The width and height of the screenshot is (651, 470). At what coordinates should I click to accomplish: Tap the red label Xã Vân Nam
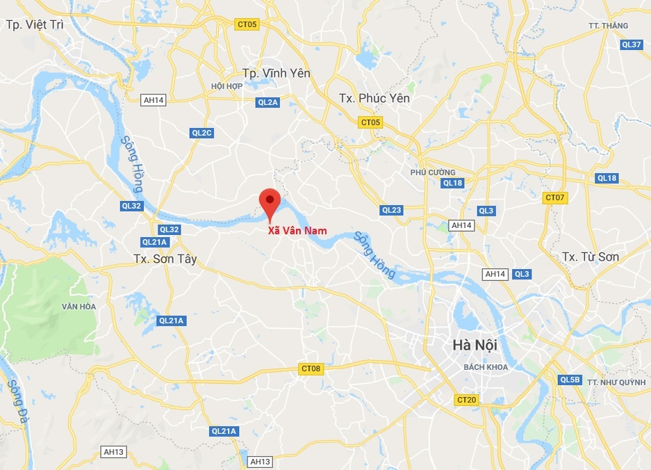(297, 231)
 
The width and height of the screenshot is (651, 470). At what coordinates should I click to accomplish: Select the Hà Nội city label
(475, 344)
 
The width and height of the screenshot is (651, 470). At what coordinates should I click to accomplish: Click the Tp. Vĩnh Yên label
(276, 73)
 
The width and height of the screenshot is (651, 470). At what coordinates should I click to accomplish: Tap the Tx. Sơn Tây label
(165, 259)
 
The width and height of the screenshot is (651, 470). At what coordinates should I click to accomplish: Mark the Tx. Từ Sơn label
(590, 257)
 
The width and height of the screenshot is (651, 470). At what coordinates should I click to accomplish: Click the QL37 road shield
(632, 44)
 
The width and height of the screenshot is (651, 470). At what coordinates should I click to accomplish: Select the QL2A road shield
(267, 102)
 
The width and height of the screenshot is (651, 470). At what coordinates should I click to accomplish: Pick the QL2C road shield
(201, 132)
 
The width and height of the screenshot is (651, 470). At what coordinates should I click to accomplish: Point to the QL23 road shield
(391, 210)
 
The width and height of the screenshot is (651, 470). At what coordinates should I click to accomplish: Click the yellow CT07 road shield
(555, 197)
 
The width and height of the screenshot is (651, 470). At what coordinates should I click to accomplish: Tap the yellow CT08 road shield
(311, 368)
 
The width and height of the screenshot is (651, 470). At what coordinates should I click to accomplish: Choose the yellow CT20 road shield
(467, 400)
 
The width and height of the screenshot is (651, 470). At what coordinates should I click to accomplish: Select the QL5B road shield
(570, 380)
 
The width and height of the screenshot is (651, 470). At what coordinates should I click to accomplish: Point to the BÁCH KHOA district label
(486, 367)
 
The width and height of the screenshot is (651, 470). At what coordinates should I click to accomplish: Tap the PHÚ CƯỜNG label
(433, 172)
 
